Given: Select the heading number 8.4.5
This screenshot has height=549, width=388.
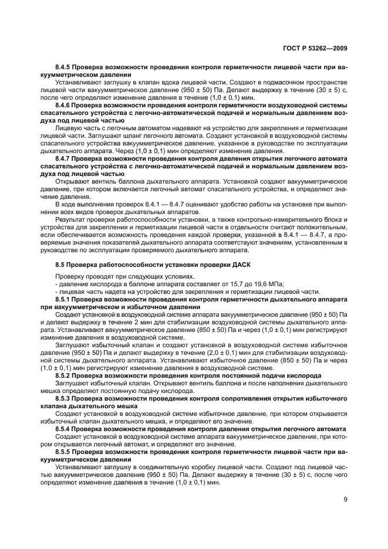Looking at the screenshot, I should [66, 68].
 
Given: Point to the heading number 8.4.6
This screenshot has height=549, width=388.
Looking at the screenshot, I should [66, 106].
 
